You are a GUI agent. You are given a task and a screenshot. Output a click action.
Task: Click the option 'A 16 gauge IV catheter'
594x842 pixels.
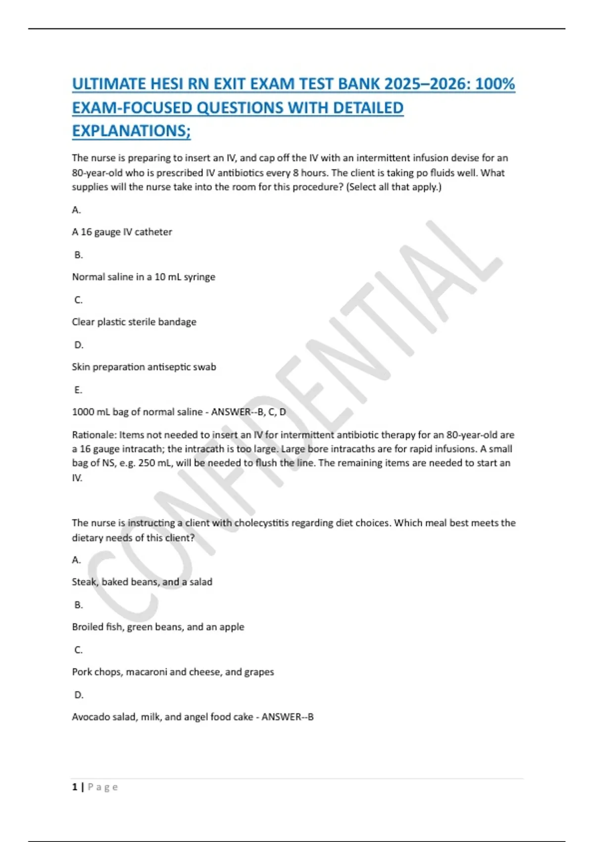pyautogui.click(x=122, y=232)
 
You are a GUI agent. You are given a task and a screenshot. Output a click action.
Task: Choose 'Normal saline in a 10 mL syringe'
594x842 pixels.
pyautogui.click(x=144, y=277)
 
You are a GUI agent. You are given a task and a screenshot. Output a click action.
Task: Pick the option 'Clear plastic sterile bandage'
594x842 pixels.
pyautogui.click(x=134, y=322)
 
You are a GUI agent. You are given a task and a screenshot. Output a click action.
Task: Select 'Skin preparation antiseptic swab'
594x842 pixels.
pyautogui.click(x=144, y=367)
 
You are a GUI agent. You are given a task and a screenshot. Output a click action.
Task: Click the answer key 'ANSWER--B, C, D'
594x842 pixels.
pyautogui.click(x=248, y=412)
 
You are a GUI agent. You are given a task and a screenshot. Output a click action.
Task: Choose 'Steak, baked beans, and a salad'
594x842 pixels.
pyautogui.click(x=142, y=582)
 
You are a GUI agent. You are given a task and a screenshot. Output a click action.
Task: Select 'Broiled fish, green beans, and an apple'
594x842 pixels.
pyautogui.click(x=158, y=627)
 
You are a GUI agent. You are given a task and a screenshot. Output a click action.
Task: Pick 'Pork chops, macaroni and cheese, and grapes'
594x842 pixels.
pyautogui.click(x=173, y=672)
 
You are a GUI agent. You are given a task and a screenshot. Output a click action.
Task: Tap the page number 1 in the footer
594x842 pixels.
pyautogui.click(x=75, y=787)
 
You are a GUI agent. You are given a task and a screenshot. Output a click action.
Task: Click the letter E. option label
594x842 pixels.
pyautogui.click(x=78, y=390)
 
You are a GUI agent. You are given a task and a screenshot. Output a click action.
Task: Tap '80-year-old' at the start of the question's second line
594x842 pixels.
pyautogui.click(x=97, y=173)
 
